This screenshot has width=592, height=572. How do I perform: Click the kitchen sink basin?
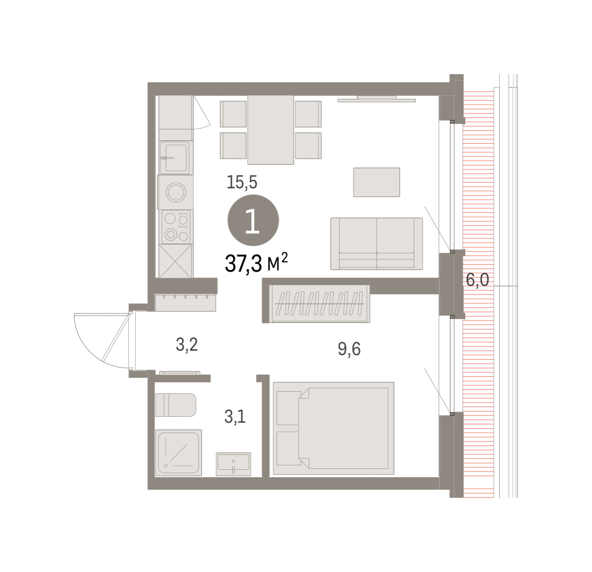[x=176, y=158]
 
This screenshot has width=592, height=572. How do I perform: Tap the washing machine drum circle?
[x=176, y=192]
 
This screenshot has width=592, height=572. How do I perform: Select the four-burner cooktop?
[x=176, y=227]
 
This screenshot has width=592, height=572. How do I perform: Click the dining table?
[x=270, y=130]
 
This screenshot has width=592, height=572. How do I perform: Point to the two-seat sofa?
[x=376, y=244]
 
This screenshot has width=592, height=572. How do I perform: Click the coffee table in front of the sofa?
[x=376, y=182]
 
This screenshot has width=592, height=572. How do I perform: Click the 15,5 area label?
[x=242, y=182]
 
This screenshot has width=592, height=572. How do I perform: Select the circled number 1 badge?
[x=253, y=220]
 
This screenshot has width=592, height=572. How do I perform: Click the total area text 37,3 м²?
[x=256, y=263]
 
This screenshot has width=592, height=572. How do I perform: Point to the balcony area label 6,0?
[x=478, y=280]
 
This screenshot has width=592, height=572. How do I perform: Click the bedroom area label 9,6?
[x=349, y=349]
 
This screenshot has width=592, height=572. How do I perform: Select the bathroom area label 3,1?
[x=235, y=416]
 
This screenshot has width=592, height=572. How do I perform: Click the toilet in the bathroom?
[x=176, y=405]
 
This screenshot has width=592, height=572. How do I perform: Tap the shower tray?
[x=179, y=452]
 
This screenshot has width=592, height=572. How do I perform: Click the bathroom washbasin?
[x=233, y=464]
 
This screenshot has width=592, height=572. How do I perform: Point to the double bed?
[x=333, y=428]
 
